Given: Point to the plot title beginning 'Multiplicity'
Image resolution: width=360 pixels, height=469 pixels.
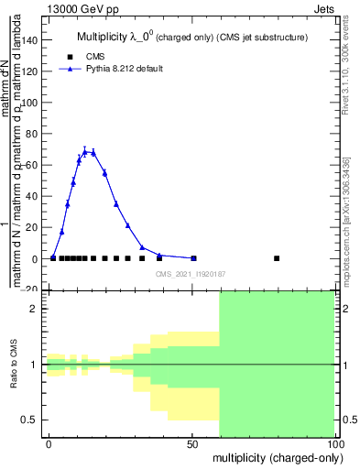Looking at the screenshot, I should click(191, 38).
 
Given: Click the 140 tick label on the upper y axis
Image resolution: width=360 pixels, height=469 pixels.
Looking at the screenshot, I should click(30, 39).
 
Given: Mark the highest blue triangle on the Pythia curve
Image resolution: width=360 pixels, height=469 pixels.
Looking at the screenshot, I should click(84, 152).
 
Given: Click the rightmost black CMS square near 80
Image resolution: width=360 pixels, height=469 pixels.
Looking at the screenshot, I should click(277, 258).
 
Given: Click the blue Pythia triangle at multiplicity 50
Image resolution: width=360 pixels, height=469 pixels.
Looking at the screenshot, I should click(193, 258).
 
